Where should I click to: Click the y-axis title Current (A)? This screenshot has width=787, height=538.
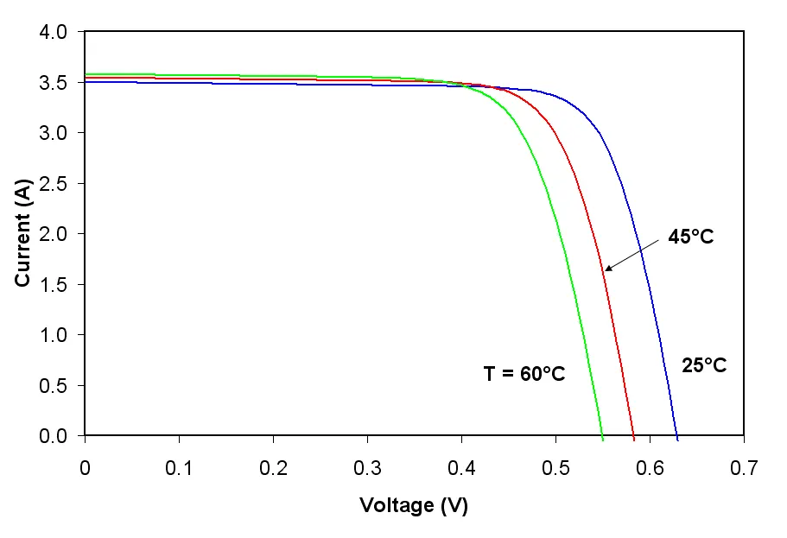pyautogui.click(x=23, y=233)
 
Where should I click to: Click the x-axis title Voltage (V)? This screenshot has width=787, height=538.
pyautogui.click(x=414, y=505)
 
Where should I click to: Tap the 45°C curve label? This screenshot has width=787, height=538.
pyautogui.click(x=690, y=237)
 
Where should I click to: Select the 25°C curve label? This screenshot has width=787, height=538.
pyautogui.click(x=704, y=365)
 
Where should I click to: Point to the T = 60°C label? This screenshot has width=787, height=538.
pyautogui.click(x=524, y=373)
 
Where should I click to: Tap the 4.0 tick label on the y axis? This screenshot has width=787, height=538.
pyautogui.click(x=53, y=32)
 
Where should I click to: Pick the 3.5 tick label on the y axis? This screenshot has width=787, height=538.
pyautogui.click(x=53, y=83)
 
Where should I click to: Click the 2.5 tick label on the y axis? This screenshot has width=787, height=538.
pyautogui.click(x=53, y=184)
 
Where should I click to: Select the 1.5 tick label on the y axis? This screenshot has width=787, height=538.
pyautogui.click(x=53, y=285)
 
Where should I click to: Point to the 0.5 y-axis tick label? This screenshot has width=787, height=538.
pyautogui.click(x=53, y=385)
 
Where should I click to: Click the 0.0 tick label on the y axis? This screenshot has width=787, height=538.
pyautogui.click(x=53, y=435)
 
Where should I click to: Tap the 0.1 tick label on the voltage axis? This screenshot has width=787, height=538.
pyautogui.click(x=179, y=468)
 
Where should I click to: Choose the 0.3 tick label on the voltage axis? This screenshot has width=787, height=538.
pyautogui.click(x=367, y=468)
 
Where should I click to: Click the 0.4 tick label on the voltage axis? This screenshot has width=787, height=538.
pyautogui.click(x=462, y=468)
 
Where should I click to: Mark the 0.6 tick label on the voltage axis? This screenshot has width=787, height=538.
pyautogui.click(x=650, y=468)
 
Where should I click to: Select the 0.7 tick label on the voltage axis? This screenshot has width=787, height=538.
pyautogui.click(x=744, y=468)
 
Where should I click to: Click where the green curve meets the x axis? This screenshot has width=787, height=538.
pyautogui.click(x=602, y=435)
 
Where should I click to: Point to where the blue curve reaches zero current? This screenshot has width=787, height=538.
pyautogui.click(x=677, y=435)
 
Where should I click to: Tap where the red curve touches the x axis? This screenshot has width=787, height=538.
pyautogui.click(x=634, y=435)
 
